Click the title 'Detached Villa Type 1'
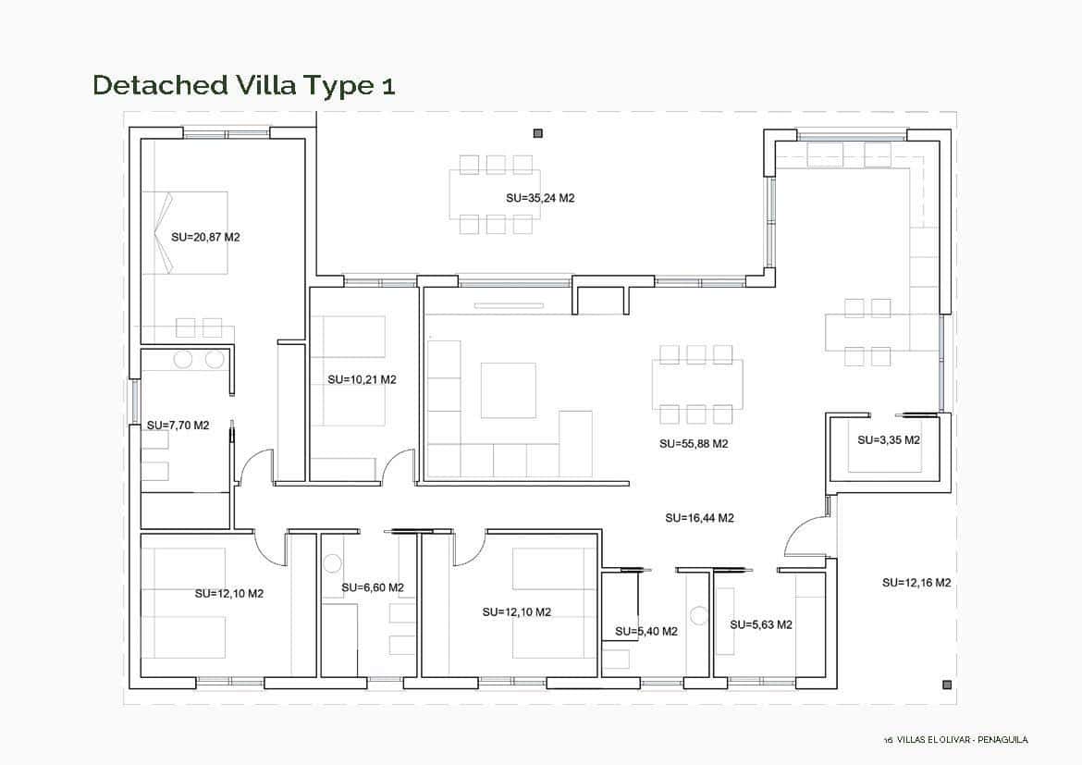tap(244, 85)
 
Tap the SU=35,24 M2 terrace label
tap(540, 198)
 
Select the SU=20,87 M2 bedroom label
tap(205, 237)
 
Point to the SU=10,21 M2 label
tap(362, 379)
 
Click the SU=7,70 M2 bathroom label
tap(178, 426)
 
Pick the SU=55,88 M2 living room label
tap(694, 444)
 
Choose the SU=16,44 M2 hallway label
tap(699, 518)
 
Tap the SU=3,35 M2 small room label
tap(888, 440)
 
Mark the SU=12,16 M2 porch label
tap(916, 583)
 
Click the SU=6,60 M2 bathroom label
tap(372, 587)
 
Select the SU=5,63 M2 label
tap(760, 624)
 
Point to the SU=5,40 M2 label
tap(646, 632)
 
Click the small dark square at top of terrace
tap(538, 133)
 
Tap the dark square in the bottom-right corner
tap(946, 685)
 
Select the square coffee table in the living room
tap(508, 389)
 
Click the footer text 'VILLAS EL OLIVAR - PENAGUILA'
tap(962, 739)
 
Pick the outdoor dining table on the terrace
tap(495, 194)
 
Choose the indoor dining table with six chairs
tap(697, 384)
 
